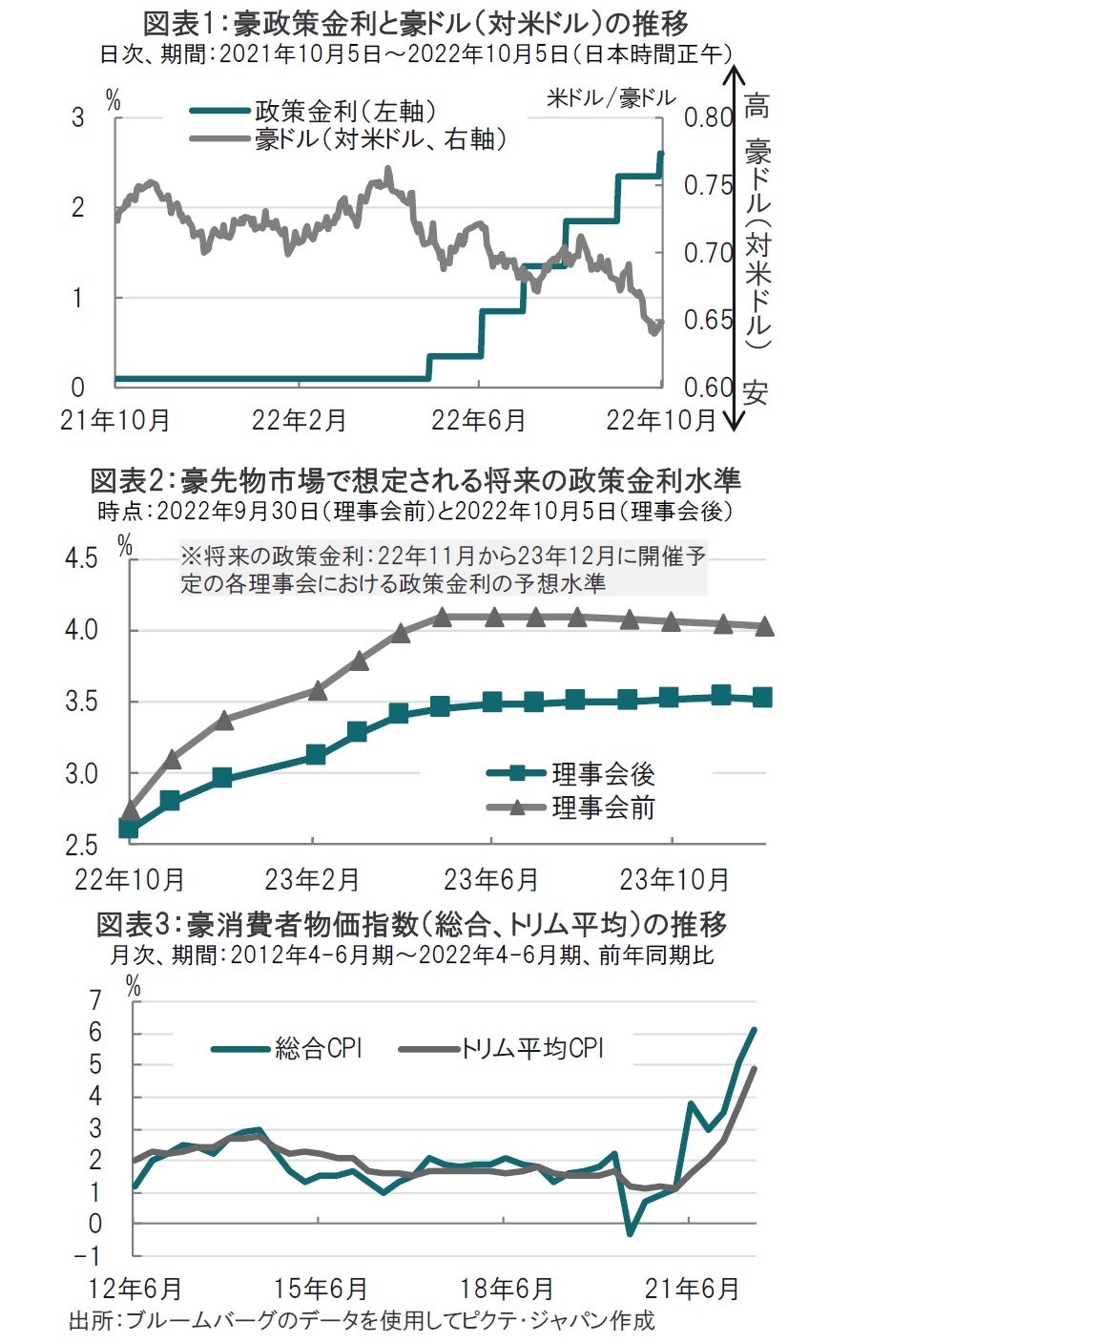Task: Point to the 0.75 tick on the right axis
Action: [707, 185]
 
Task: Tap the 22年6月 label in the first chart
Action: [478, 420]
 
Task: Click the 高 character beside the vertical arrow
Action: [756, 106]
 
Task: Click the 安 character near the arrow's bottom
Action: [756, 392]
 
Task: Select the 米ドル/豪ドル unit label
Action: [612, 97]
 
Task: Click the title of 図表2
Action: [415, 479]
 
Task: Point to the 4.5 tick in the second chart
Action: [81, 557]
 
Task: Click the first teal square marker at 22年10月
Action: [129, 828]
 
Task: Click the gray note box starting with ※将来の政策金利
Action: [443, 570]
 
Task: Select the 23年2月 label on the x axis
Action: [312, 879]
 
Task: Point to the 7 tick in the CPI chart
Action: [94, 1000]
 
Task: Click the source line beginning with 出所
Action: [362, 1321]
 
